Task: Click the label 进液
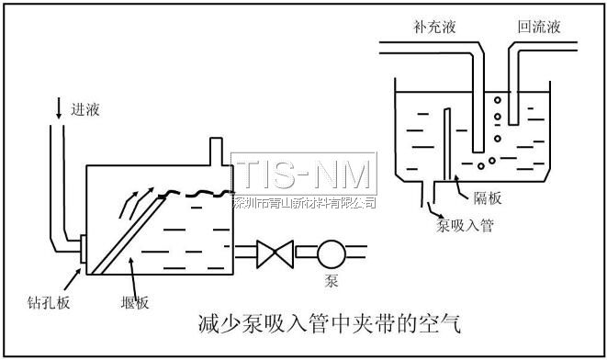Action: (x=84, y=110)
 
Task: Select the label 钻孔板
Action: (x=39, y=300)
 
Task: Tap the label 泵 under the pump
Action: (x=332, y=277)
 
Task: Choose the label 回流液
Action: (x=539, y=27)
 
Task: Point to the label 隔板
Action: (x=483, y=195)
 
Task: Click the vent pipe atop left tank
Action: (x=216, y=151)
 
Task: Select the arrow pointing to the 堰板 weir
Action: (x=129, y=272)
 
